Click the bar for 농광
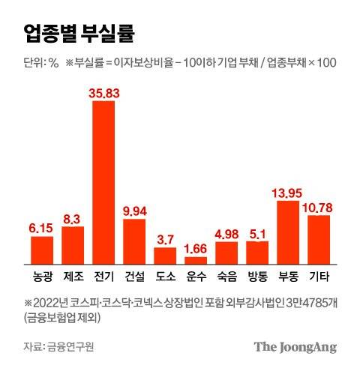pyautogui.click(x=42, y=247)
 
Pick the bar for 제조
pyautogui.click(x=73, y=243)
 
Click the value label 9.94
pyautogui.click(x=134, y=210)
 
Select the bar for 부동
pyautogui.click(x=288, y=230)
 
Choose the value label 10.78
pyautogui.click(x=319, y=206)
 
